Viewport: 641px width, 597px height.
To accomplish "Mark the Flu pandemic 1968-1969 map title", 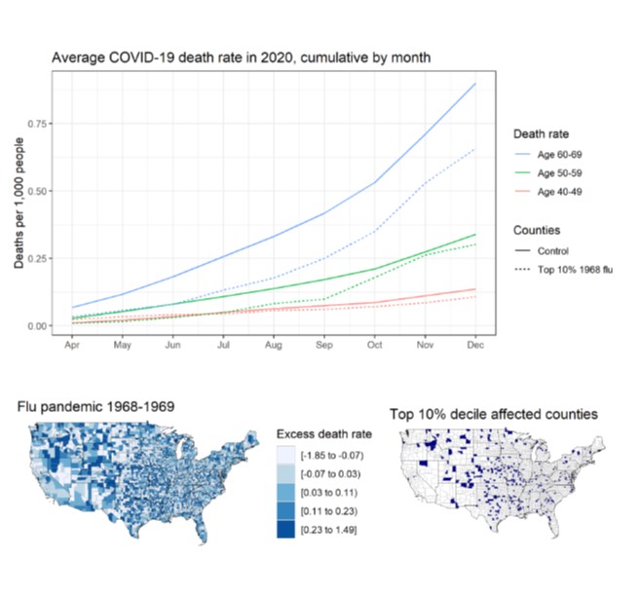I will point(96,406).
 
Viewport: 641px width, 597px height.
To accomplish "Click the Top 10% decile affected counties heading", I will point(493,415).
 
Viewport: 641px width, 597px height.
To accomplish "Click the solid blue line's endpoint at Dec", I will point(473,85).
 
